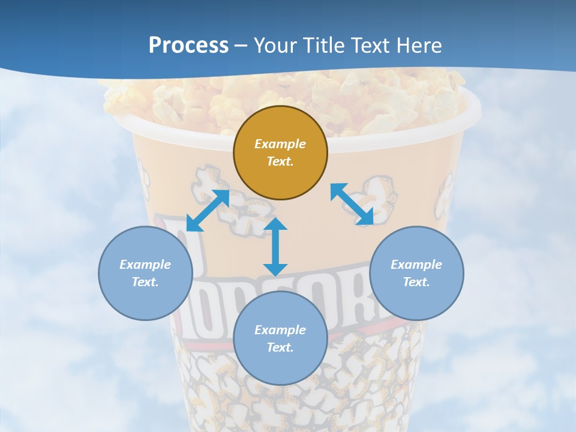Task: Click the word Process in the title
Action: point(188,46)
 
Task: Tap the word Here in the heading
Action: point(418,46)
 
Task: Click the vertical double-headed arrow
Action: point(275,247)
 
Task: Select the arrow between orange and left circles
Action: point(208,211)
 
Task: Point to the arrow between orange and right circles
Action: point(352,204)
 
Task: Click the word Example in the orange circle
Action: point(280,144)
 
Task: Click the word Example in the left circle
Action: point(145,265)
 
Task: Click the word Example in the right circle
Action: point(416,265)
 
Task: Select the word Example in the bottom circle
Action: point(280,330)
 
